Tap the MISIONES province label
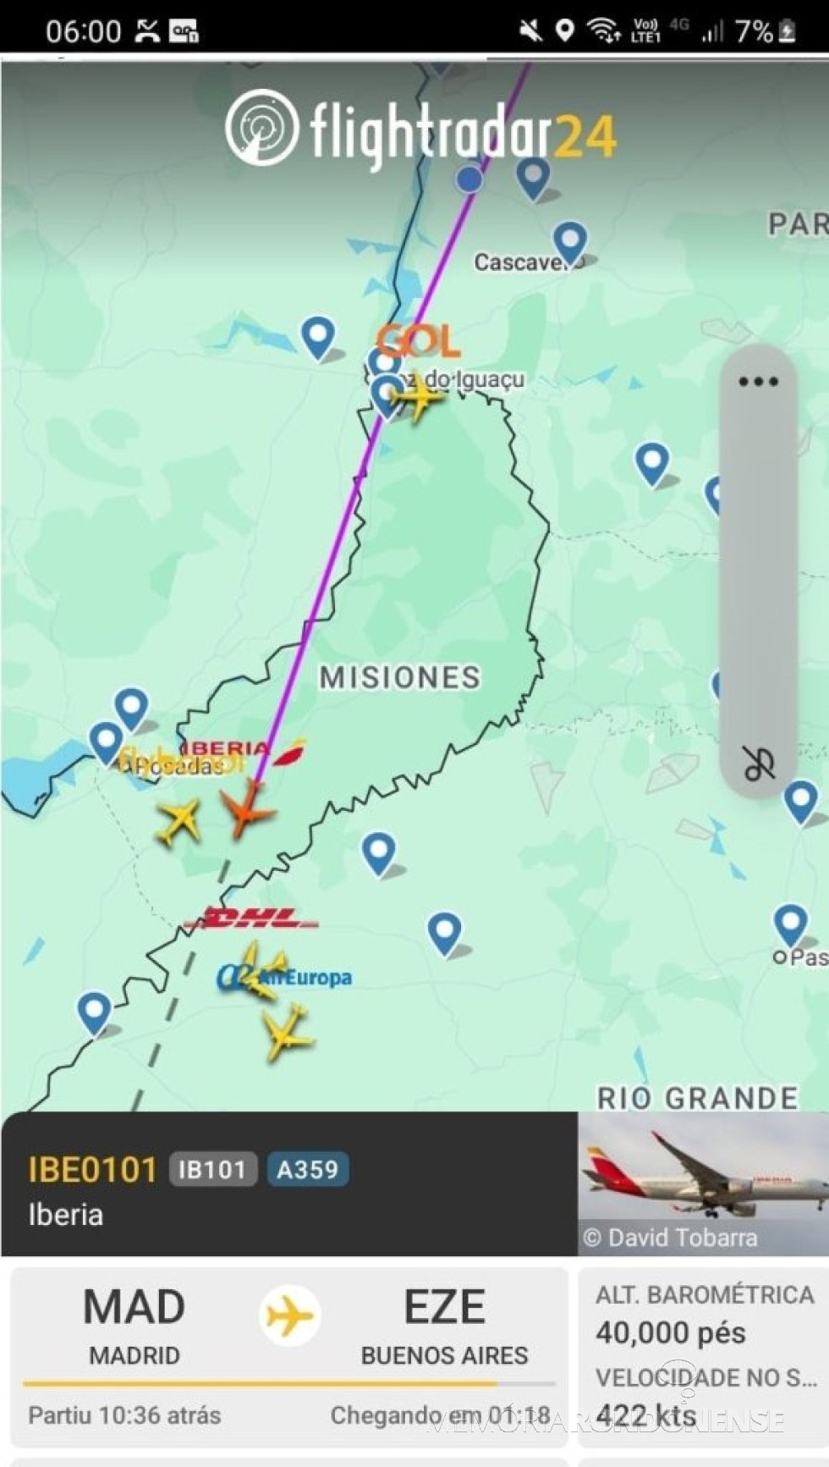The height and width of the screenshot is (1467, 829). (x=399, y=677)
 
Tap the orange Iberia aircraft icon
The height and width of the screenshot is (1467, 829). (x=247, y=808)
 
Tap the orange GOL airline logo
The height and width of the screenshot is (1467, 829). (x=419, y=341)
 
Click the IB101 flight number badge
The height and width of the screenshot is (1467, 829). (x=212, y=1170)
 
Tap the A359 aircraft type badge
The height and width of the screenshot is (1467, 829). (x=308, y=1170)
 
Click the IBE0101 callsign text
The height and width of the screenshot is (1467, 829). (x=92, y=1170)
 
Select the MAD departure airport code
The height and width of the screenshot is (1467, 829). (x=134, y=1307)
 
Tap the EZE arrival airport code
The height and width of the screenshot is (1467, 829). (x=444, y=1307)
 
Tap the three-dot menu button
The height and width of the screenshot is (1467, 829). (x=758, y=382)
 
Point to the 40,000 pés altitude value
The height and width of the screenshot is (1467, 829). (x=670, y=1333)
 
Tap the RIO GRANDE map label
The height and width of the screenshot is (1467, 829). (x=697, y=1098)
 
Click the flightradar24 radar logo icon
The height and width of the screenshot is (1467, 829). (x=261, y=127)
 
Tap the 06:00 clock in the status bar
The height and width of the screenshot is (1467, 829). (x=83, y=31)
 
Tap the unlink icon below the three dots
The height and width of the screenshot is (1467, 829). (x=759, y=764)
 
